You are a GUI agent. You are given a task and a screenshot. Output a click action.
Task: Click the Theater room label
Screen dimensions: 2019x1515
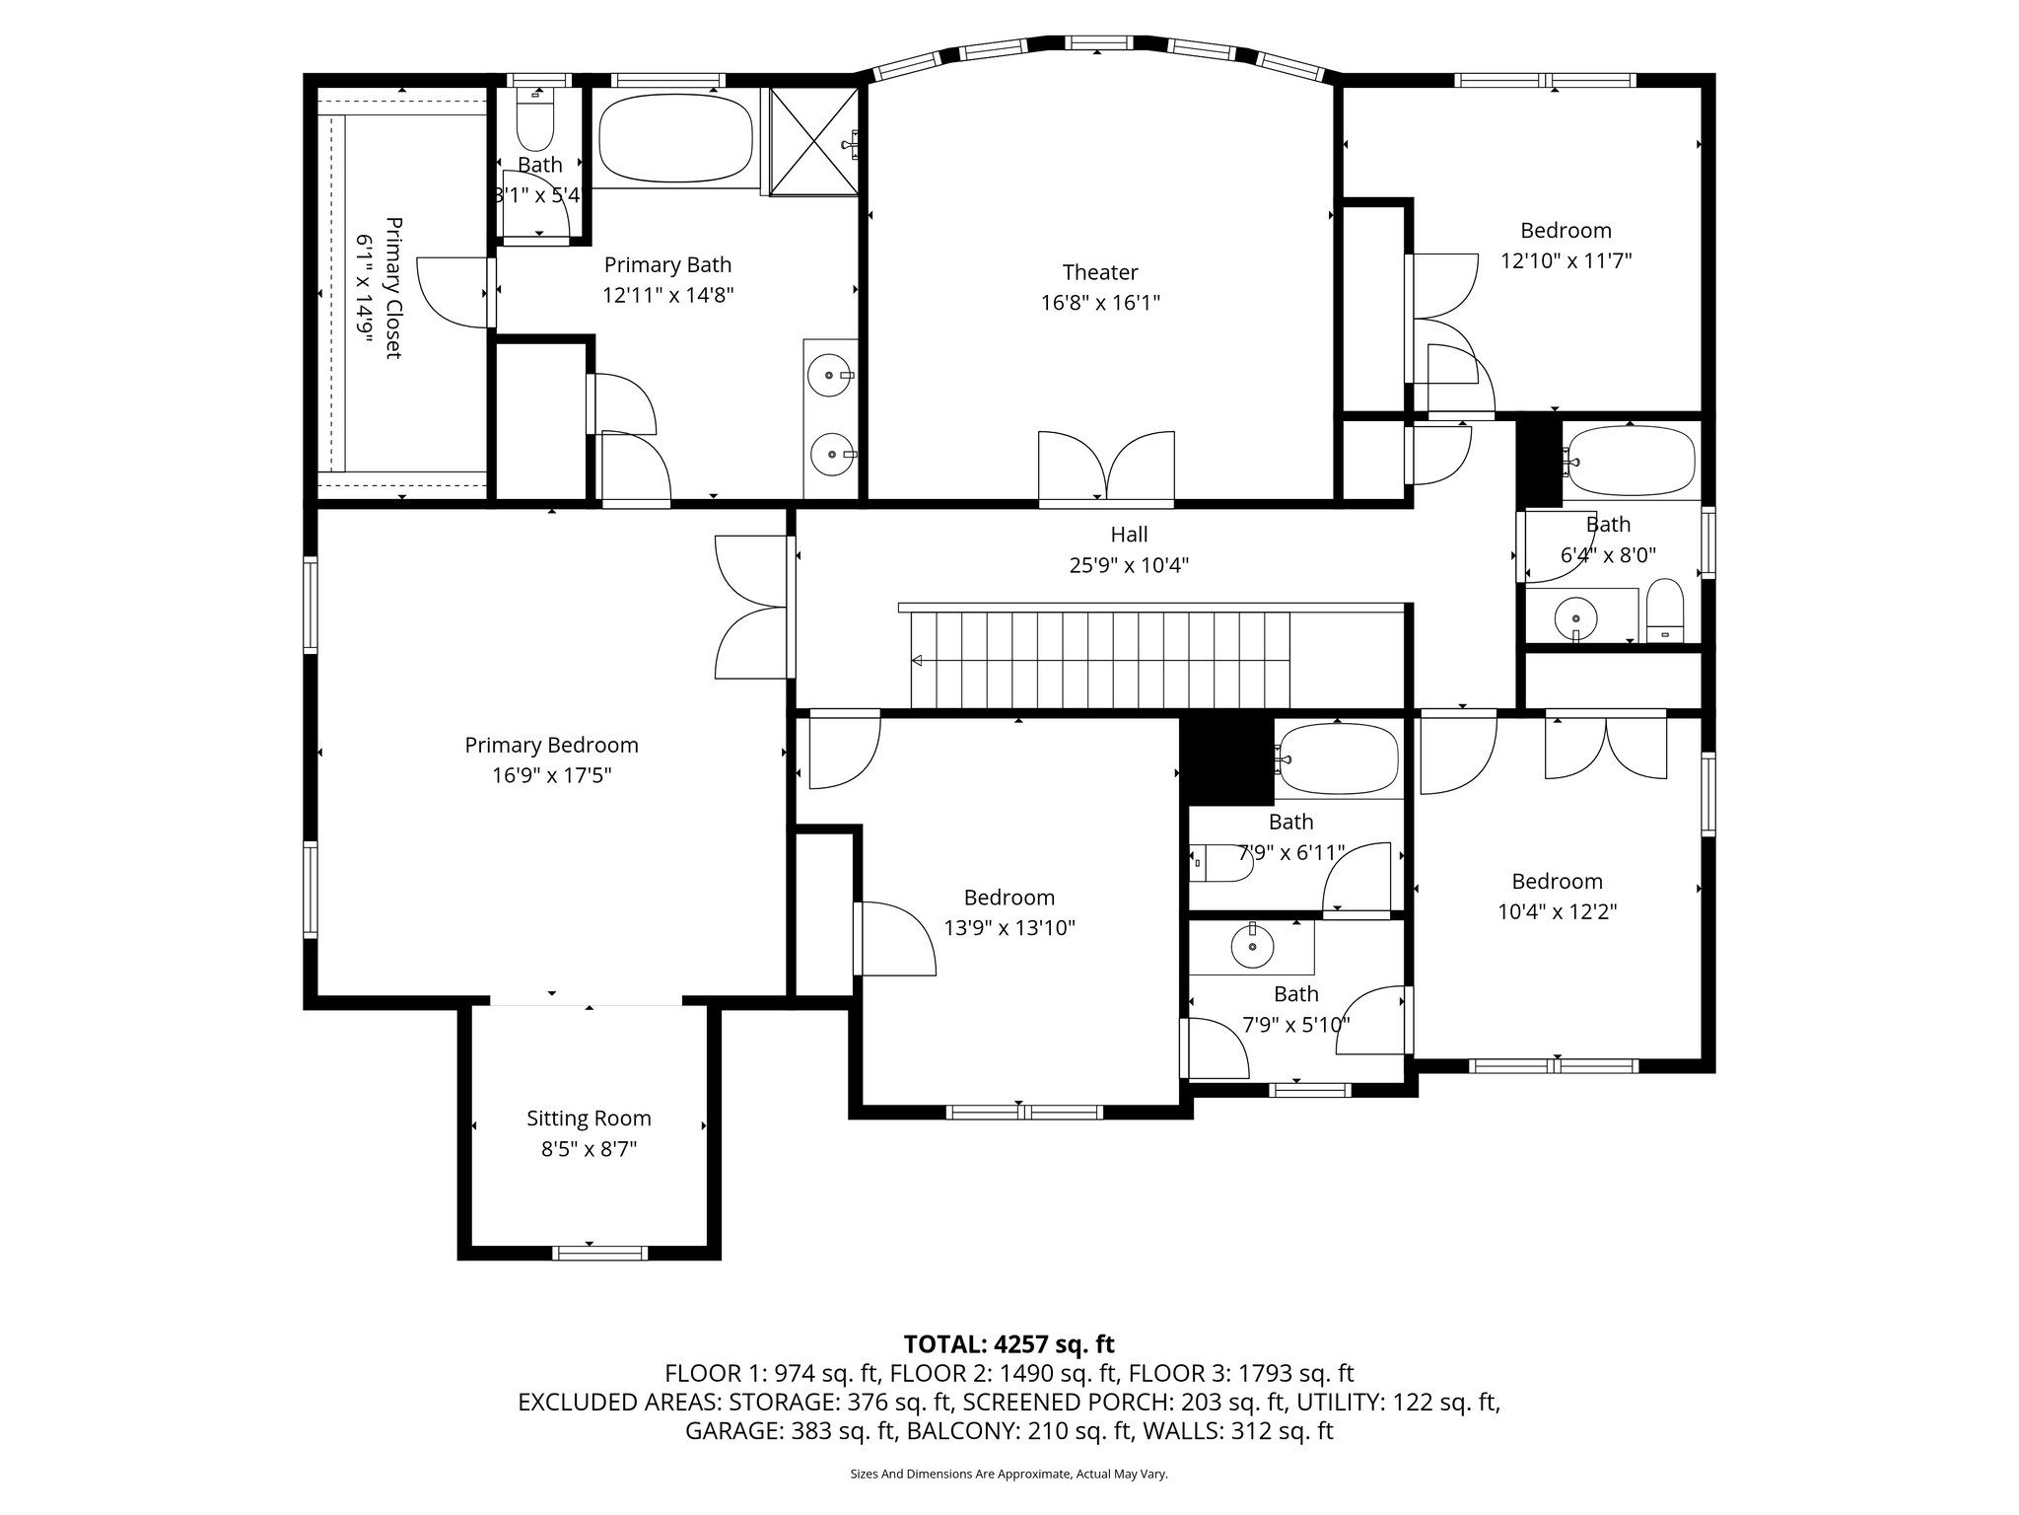coord(1100,272)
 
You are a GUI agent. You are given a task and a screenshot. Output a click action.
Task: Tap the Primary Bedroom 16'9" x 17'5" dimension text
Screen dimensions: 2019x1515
coord(552,776)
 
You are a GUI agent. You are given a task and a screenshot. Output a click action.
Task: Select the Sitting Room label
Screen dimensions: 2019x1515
coord(589,1118)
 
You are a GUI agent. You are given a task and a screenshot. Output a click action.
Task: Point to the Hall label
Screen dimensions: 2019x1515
coord(1129,535)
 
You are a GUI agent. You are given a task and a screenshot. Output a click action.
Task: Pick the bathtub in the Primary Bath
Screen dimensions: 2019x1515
coord(675,137)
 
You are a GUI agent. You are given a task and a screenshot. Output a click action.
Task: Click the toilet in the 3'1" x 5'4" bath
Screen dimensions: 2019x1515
coord(535,118)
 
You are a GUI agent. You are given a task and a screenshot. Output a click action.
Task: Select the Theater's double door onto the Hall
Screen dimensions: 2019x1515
coord(1106,468)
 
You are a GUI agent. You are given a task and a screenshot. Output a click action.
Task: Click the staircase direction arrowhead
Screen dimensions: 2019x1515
coord(918,661)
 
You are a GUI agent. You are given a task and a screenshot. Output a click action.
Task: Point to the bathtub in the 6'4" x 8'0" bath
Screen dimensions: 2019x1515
coord(1632,461)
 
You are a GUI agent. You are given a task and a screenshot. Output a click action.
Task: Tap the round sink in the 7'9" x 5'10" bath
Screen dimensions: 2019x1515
coord(1252,948)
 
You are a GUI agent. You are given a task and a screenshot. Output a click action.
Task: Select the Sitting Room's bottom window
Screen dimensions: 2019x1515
coord(600,1253)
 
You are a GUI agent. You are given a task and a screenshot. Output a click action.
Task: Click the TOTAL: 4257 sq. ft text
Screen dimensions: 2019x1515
coord(1009,1343)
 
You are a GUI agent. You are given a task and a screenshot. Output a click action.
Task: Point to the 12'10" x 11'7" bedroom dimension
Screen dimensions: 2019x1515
coord(1566,261)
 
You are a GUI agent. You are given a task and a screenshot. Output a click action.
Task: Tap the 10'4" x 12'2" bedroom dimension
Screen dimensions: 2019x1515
coord(1558,912)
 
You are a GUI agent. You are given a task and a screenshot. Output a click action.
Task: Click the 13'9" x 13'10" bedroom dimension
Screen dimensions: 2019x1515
coord(1009,928)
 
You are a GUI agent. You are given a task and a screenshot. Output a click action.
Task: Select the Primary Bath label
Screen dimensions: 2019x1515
coord(668,264)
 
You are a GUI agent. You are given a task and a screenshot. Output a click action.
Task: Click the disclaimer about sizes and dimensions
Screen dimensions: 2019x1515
coord(1009,1474)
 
